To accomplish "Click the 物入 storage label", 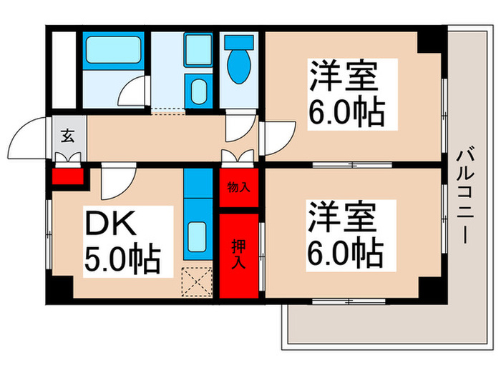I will pyautogui.click(x=238, y=188).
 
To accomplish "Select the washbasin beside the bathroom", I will pyautogui.click(x=198, y=91).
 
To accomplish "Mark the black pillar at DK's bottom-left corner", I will pyautogui.click(x=60, y=287).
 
